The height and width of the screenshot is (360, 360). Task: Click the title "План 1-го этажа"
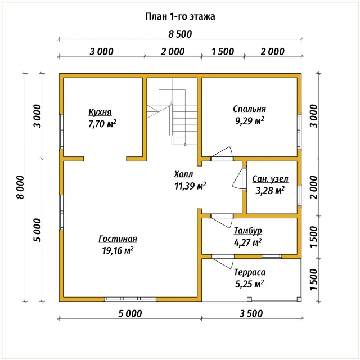(180, 16)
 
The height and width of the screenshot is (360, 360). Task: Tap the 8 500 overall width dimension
(180, 34)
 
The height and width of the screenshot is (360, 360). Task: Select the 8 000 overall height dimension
(20, 187)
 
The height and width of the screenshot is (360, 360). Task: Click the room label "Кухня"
(100, 112)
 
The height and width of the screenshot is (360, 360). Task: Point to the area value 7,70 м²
(102, 124)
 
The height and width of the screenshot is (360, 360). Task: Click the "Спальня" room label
(250, 109)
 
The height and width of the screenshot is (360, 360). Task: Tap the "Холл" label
(183, 174)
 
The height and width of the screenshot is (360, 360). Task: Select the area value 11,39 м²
(190, 186)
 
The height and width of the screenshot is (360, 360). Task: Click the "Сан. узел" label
(270, 179)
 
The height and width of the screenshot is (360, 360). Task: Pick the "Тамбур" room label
(247, 231)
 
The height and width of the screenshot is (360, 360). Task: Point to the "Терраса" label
(250, 272)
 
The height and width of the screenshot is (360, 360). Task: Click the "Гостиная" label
(118, 239)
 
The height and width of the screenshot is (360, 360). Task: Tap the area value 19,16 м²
(118, 250)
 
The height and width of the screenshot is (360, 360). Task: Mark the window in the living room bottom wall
(130, 299)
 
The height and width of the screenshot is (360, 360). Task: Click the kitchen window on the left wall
(61, 131)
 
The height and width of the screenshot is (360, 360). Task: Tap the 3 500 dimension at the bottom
(251, 314)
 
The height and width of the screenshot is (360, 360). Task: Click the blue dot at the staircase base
(185, 145)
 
